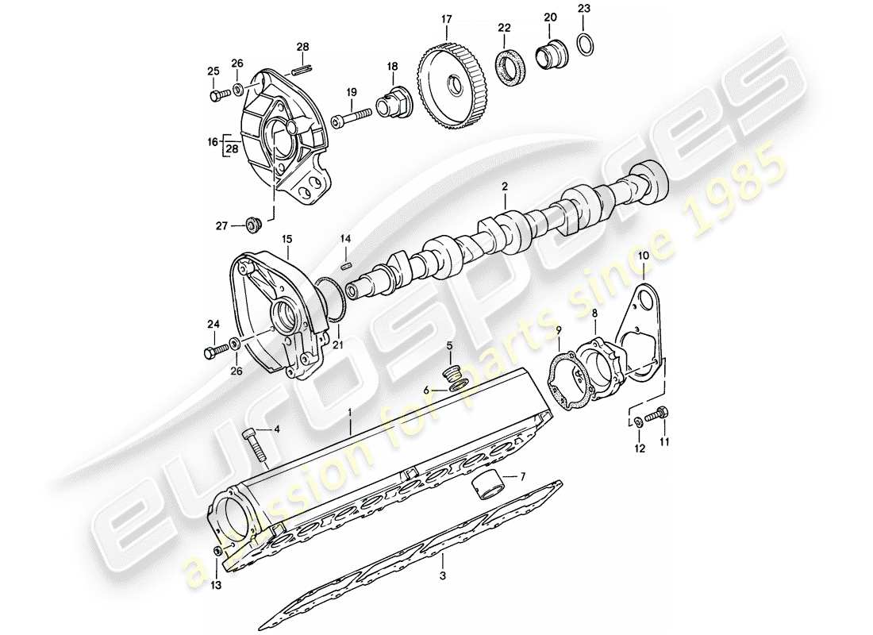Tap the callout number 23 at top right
point(583,10)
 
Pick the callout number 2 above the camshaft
point(504,187)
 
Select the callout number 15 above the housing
point(287,239)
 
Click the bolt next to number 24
point(213,352)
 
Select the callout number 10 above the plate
point(643,256)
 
